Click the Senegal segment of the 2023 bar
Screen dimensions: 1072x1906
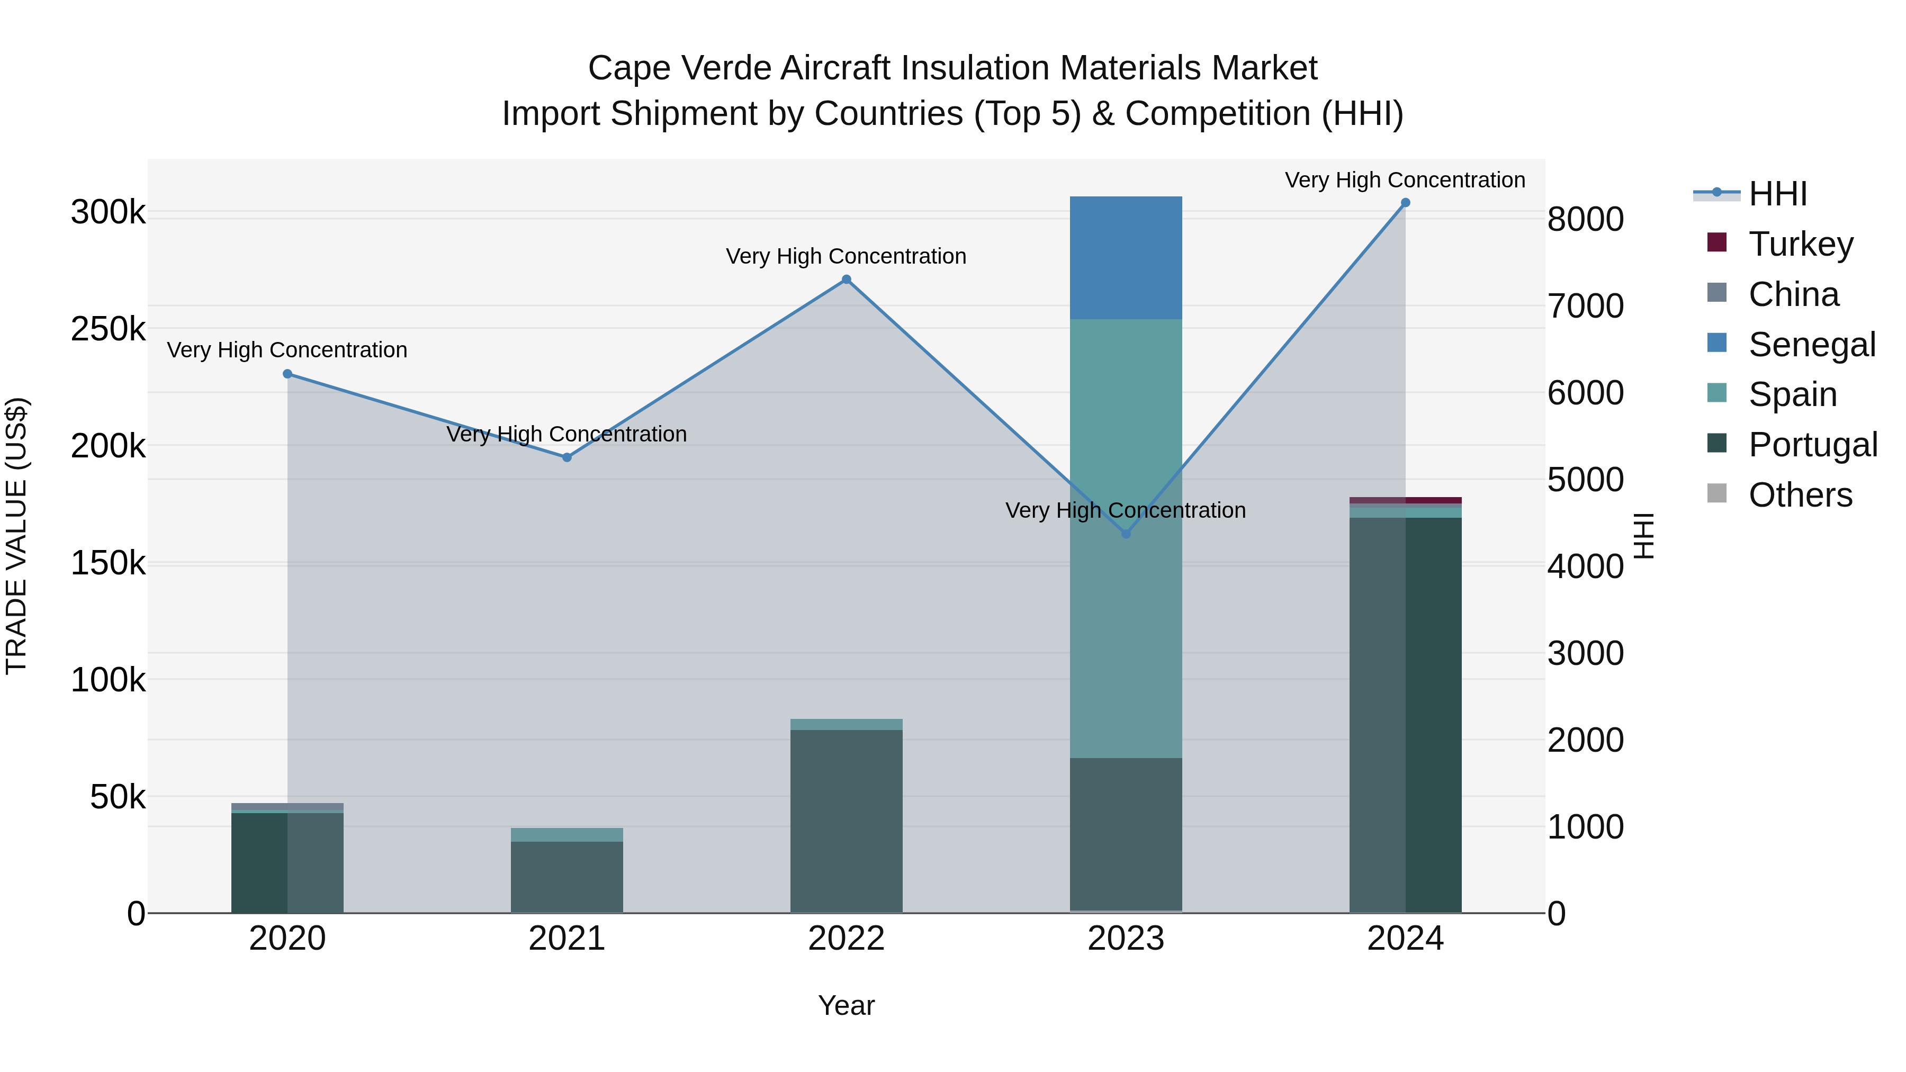[1126, 257]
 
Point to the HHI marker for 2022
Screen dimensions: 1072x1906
[847, 280]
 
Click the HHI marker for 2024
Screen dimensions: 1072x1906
[1405, 203]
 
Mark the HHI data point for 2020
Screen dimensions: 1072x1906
[288, 374]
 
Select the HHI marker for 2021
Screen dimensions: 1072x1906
[567, 457]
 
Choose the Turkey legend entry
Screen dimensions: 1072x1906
[1800, 244]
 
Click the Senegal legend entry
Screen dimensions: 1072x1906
[1811, 345]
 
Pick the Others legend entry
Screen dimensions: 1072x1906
[1800, 495]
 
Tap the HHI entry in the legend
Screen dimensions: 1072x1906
[1777, 194]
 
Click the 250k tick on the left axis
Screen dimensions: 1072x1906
[108, 329]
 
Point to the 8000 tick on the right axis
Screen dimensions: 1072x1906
[1585, 220]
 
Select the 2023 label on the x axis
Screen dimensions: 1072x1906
[1126, 939]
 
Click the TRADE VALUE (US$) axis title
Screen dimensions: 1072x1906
[16, 536]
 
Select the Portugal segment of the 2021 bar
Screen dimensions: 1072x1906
[567, 877]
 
